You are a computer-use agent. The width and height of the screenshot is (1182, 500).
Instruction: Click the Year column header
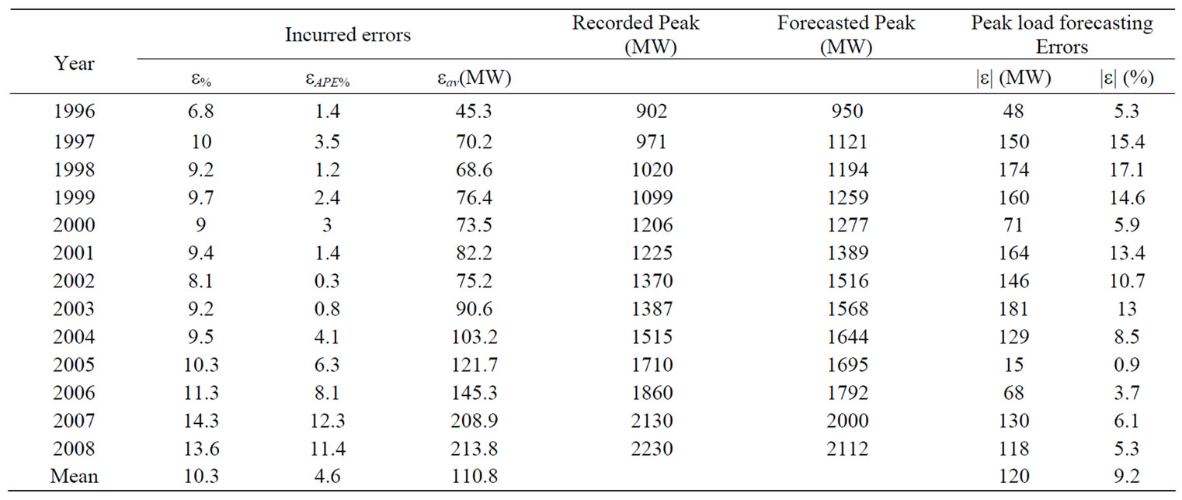[75, 63]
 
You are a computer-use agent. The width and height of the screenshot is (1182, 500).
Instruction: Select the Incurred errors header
[347, 35]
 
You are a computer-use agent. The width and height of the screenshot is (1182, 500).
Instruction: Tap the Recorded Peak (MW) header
[635, 35]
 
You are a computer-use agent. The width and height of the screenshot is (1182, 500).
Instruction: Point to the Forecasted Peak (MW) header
[846, 35]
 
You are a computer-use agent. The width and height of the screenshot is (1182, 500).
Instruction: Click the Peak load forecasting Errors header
[1062, 35]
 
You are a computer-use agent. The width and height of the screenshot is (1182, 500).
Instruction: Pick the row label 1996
[75, 112]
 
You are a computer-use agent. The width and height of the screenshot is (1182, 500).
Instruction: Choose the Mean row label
[75, 476]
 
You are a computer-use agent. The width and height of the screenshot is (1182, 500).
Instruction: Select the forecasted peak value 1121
[847, 141]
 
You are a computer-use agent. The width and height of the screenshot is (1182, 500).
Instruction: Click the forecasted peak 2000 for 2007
[847, 421]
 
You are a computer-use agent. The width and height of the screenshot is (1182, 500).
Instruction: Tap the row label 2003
[75, 309]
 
